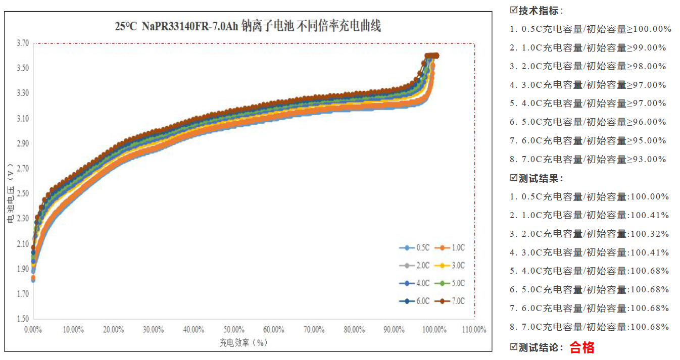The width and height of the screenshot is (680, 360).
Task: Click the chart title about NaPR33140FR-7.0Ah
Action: point(248,26)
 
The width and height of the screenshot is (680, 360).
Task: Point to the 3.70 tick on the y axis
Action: point(22,43)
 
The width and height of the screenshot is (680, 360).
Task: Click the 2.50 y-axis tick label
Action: point(22,194)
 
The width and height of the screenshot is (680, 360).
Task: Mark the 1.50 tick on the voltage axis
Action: point(22,319)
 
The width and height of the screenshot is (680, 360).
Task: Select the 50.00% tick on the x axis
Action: point(234,330)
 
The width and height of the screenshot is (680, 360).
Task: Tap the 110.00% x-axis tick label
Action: point(474,330)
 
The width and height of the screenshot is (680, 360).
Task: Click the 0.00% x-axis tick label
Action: point(33,330)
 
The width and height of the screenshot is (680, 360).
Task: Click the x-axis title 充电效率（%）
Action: point(243,342)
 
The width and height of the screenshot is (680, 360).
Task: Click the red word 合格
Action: point(582,347)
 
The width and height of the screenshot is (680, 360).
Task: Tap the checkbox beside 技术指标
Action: point(514,10)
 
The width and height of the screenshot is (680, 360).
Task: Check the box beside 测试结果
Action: point(514,178)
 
